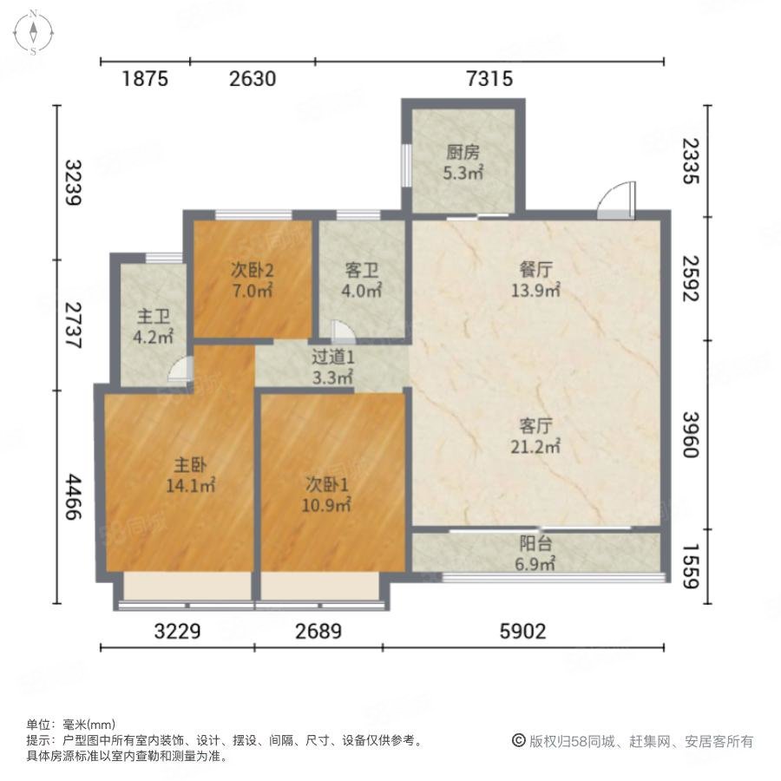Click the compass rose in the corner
pyautogui.click(x=33, y=32)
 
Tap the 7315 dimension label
pyautogui.click(x=489, y=79)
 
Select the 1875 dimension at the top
pyautogui.click(x=145, y=79)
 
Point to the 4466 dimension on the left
pyautogui.click(x=73, y=497)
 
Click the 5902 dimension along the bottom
pyautogui.click(x=523, y=632)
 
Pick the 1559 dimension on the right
pyautogui.click(x=692, y=567)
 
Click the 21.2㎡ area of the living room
pyautogui.click(x=535, y=446)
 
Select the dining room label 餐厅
pyautogui.click(x=536, y=270)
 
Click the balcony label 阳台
pyautogui.click(x=535, y=543)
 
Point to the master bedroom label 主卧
pyautogui.click(x=190, y=465)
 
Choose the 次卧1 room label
pyautogui.click(x=327, y=484)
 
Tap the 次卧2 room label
pyautogui.click(x=252, y=271)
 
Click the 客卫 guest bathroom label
pyautogui.click(x=362, y=271)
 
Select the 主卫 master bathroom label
pyautogui.click(x=154, y=316)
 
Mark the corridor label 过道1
pyautogui.click(x=332, y=358)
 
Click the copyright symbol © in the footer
pyautogui.click(x=519, y=741)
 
